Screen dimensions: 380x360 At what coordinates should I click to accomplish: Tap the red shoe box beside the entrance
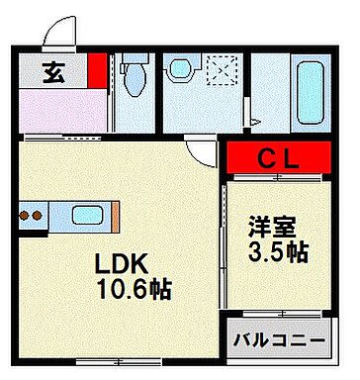(x=96, y=70)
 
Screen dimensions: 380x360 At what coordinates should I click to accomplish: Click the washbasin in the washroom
(x=179, y=69)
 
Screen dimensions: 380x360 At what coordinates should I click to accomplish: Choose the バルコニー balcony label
(x=278, y=341)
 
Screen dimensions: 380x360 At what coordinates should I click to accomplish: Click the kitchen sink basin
(x=83, y=213)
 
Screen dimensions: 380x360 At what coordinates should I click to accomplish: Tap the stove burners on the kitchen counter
(x=30, y=213)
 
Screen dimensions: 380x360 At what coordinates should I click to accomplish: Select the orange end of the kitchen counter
(x=116, y=213)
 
